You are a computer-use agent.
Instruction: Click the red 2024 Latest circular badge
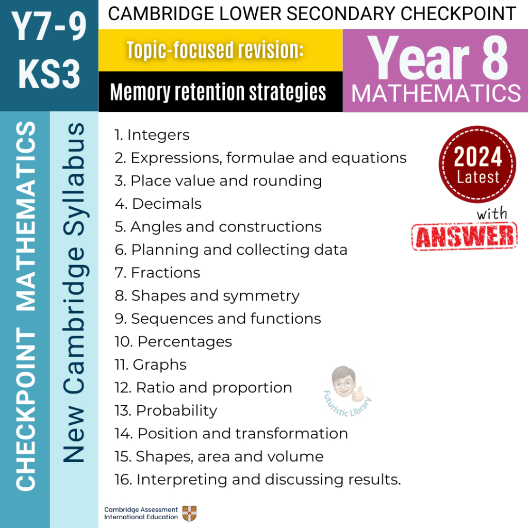tap(477, 164)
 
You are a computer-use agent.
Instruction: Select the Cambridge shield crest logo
tap(189, 514)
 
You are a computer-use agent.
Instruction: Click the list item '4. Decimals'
tap(158, 204)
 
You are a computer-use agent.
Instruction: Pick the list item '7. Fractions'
tap(157, 272)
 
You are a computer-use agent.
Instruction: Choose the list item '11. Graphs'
tap(151, 365)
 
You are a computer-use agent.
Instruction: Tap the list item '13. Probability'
tap(166, 410)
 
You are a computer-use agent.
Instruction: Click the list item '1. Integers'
tap(152, 135)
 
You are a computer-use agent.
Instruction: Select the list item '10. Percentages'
tap(173, 341)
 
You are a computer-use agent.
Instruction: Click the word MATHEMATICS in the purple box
tap(436, 94)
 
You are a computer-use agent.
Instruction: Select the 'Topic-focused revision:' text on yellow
tap(214, 50)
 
